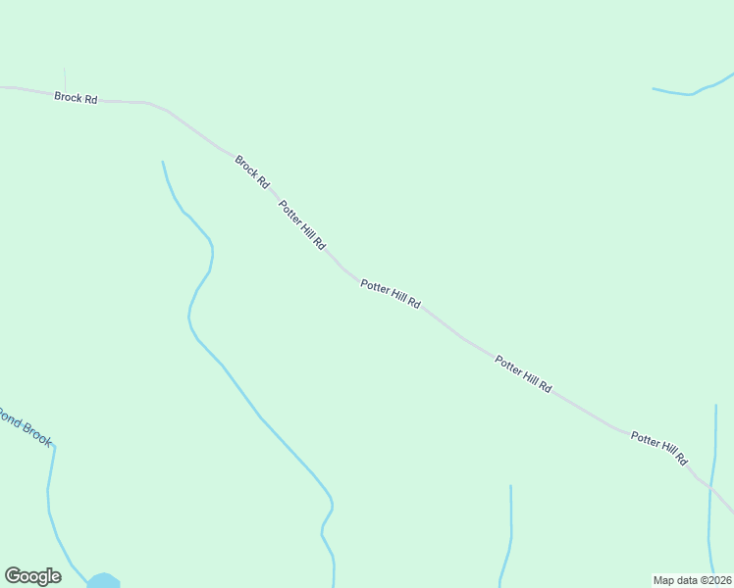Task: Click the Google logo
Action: point(32,576)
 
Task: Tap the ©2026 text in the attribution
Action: point(714,580)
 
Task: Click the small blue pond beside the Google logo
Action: point(103,581)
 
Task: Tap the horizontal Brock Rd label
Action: point(76,98)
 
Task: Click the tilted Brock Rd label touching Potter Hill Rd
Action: point(251,171)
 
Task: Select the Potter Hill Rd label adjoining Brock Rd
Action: point(301,224)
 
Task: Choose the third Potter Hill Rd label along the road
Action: point(523,375)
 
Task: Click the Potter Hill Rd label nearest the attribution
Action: point(659,448)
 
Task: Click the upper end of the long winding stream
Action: point(163,163)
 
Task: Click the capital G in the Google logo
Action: point(13,575)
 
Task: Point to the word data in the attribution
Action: point(689,580)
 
